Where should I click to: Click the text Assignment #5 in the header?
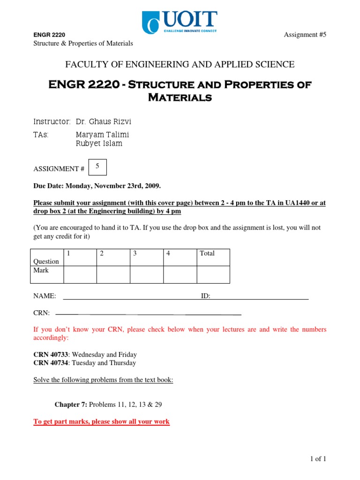[305, 35]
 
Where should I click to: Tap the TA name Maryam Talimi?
[102, 135]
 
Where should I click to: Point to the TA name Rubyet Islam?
[99, 143]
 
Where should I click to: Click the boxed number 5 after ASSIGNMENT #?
[97, 167]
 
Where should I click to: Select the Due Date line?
[97, 186]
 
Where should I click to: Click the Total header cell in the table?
[213, 257]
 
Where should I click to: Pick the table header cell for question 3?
[146, 257]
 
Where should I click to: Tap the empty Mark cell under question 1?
[80, 274]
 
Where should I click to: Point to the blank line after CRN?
[148, 313]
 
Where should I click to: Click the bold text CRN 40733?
[51, 355]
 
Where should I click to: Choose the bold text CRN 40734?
[51, 363]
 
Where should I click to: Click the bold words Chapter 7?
[71, 405]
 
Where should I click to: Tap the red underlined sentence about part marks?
[101, 422]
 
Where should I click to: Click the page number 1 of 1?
[318, 459]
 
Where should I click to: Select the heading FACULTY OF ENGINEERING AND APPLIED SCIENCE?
[180, 65]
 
